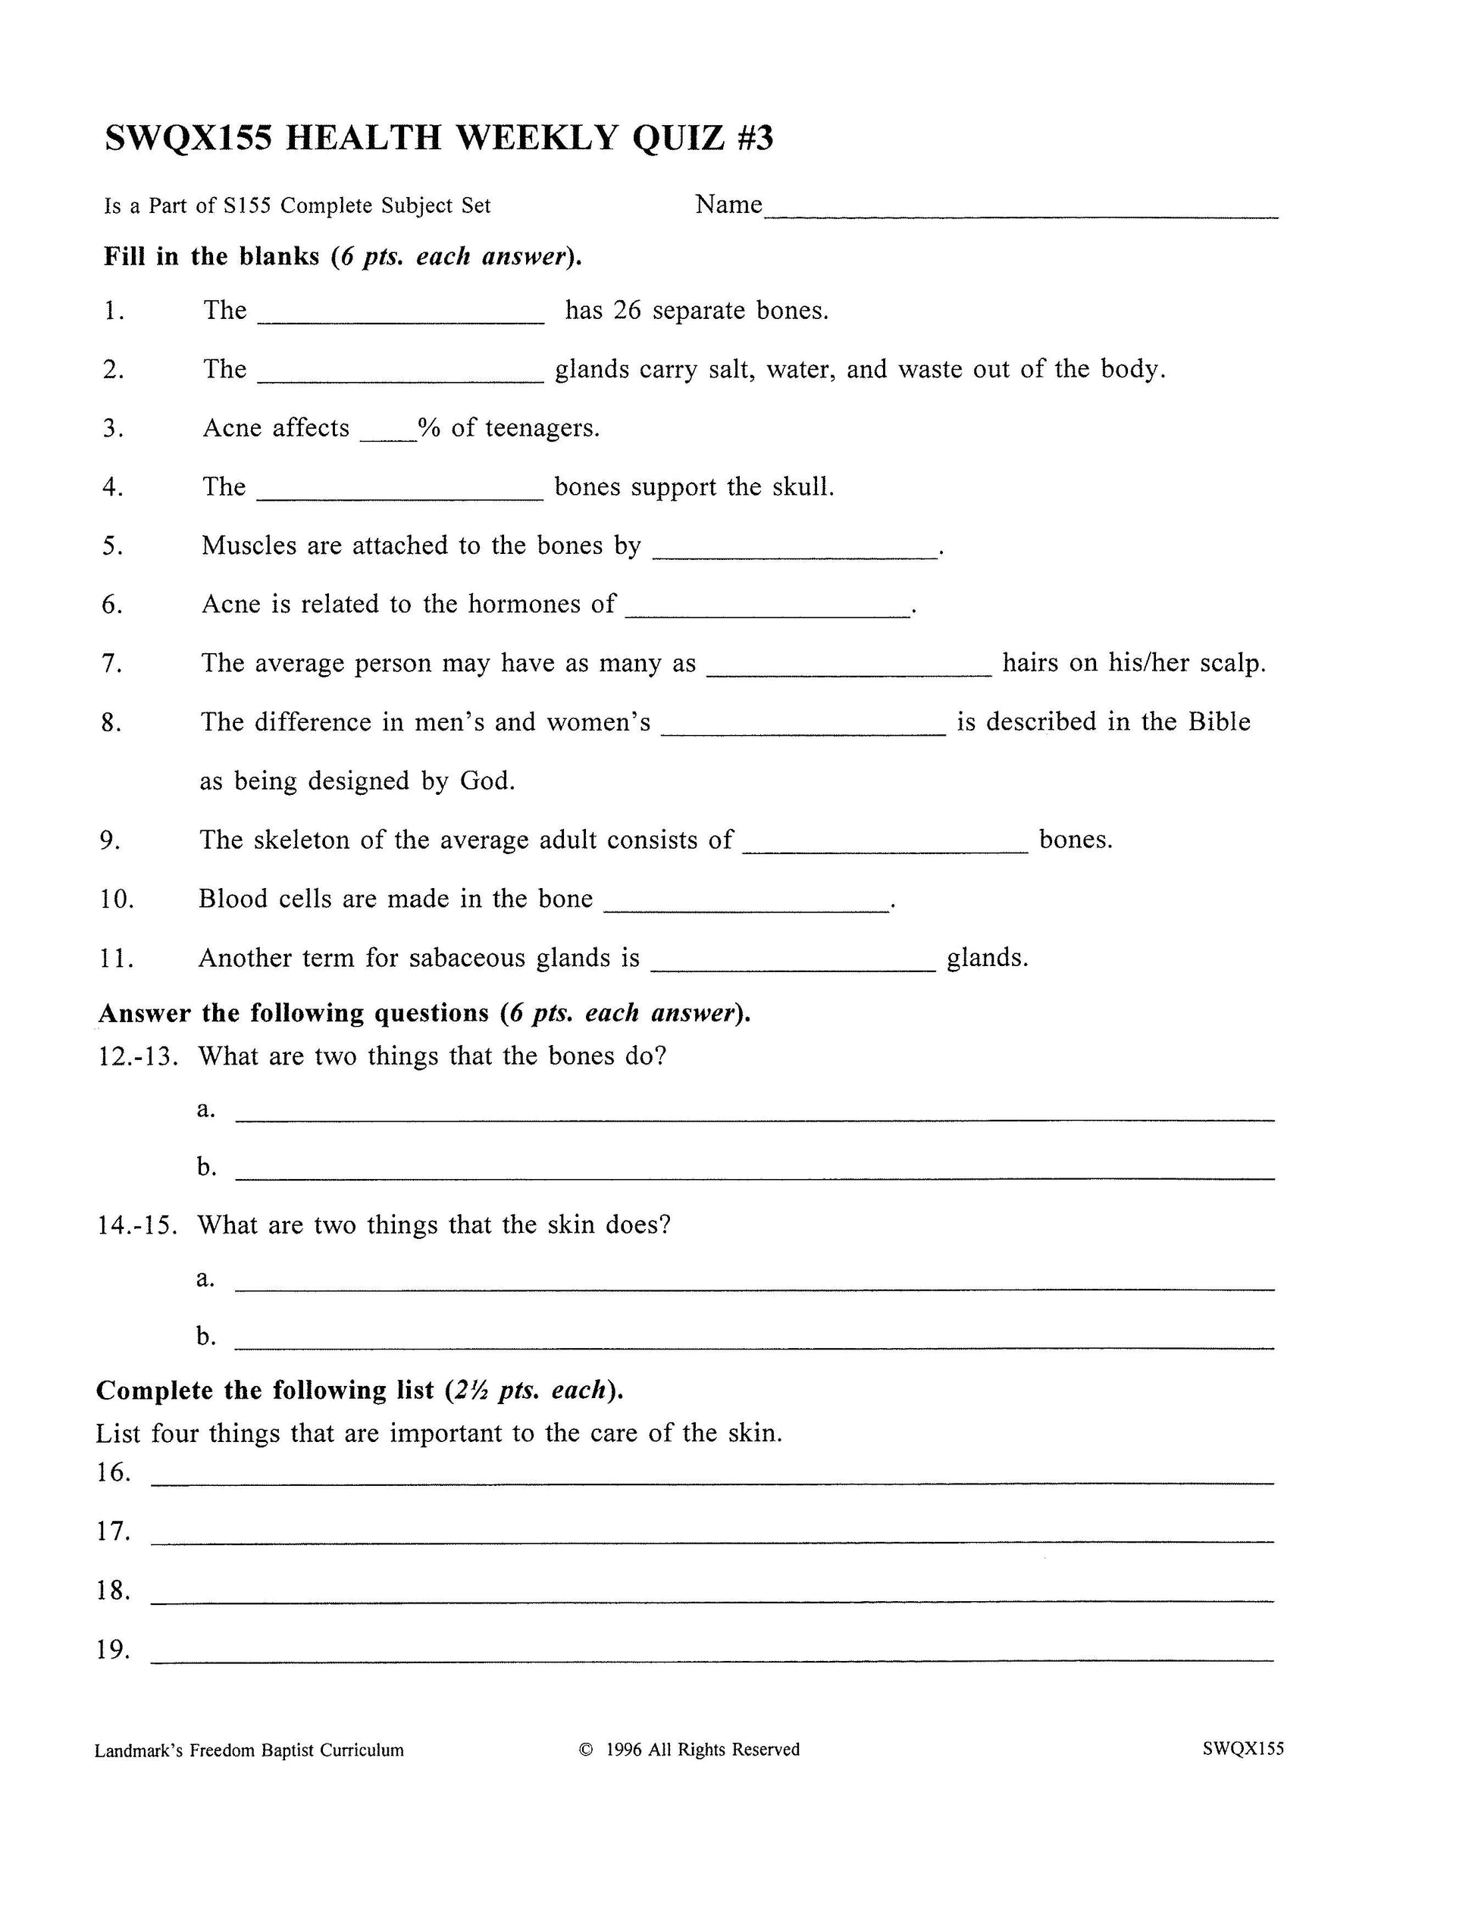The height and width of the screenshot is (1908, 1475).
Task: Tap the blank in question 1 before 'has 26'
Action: pos(400,321)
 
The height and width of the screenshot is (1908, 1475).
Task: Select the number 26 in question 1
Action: pos(627,311)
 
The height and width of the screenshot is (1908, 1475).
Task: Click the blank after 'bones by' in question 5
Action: pos(794,555)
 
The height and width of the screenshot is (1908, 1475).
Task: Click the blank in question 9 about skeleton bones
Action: pos(885,849)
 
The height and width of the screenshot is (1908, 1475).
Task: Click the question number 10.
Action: pos(116,899)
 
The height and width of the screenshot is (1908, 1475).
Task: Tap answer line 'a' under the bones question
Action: pos(755,1119)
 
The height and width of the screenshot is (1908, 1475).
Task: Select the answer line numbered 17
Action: pos(712,1542)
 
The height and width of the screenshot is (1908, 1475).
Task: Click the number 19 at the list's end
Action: pos(113,1650)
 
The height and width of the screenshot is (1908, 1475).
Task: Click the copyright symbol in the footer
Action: pos(587,1750)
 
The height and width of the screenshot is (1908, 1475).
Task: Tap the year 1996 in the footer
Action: pos(623,1750)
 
